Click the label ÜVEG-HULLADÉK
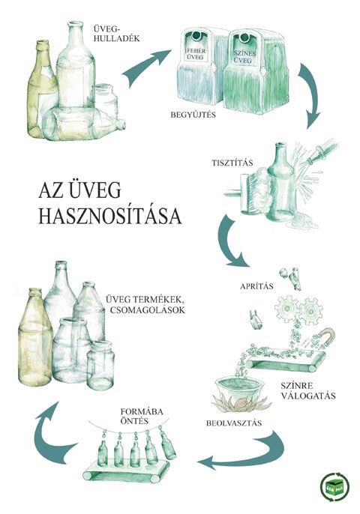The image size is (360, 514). [116, 34]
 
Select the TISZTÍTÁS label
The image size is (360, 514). [232, 163]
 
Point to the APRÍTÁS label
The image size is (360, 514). [256, 286]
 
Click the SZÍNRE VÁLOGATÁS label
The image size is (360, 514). [307, 390]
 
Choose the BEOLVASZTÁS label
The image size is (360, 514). [234, 423]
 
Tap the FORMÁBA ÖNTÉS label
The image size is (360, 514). [142, 416]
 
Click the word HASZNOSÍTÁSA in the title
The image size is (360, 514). [110, 216]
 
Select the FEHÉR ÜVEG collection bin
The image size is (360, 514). [199, 68]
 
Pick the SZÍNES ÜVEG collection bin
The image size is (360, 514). [255, 71]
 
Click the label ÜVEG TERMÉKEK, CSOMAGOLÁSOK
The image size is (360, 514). [145, 304]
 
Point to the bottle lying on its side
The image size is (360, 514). [84, 124]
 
